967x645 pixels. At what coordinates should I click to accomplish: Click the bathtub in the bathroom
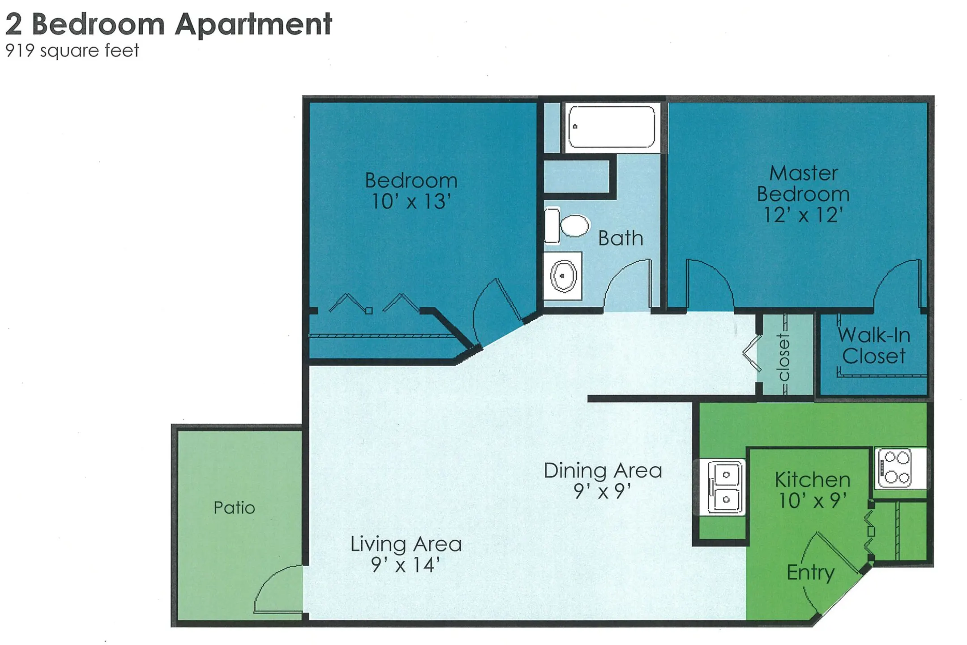[612, 127]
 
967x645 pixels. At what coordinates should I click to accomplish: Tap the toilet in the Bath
[567, 225]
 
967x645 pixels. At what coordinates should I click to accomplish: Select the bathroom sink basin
[563, 276]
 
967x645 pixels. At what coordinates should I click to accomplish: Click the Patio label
[234, 508]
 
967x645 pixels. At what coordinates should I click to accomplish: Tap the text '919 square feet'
[72, 51]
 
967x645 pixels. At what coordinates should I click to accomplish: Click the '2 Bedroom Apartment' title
[168, 24]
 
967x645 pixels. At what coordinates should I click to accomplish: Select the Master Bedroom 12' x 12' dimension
[803, 215]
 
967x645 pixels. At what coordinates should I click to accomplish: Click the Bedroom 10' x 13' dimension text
[411, 202]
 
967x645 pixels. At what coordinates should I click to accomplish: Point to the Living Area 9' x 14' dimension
[406, 565]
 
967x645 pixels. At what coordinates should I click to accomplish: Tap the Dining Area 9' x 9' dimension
[603, 492]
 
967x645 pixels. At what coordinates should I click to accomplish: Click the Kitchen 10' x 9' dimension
[813, 501]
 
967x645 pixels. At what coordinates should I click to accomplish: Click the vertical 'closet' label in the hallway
[783, 357]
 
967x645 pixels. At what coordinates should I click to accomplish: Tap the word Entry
[811, 573]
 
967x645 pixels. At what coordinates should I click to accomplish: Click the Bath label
[620, 238]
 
